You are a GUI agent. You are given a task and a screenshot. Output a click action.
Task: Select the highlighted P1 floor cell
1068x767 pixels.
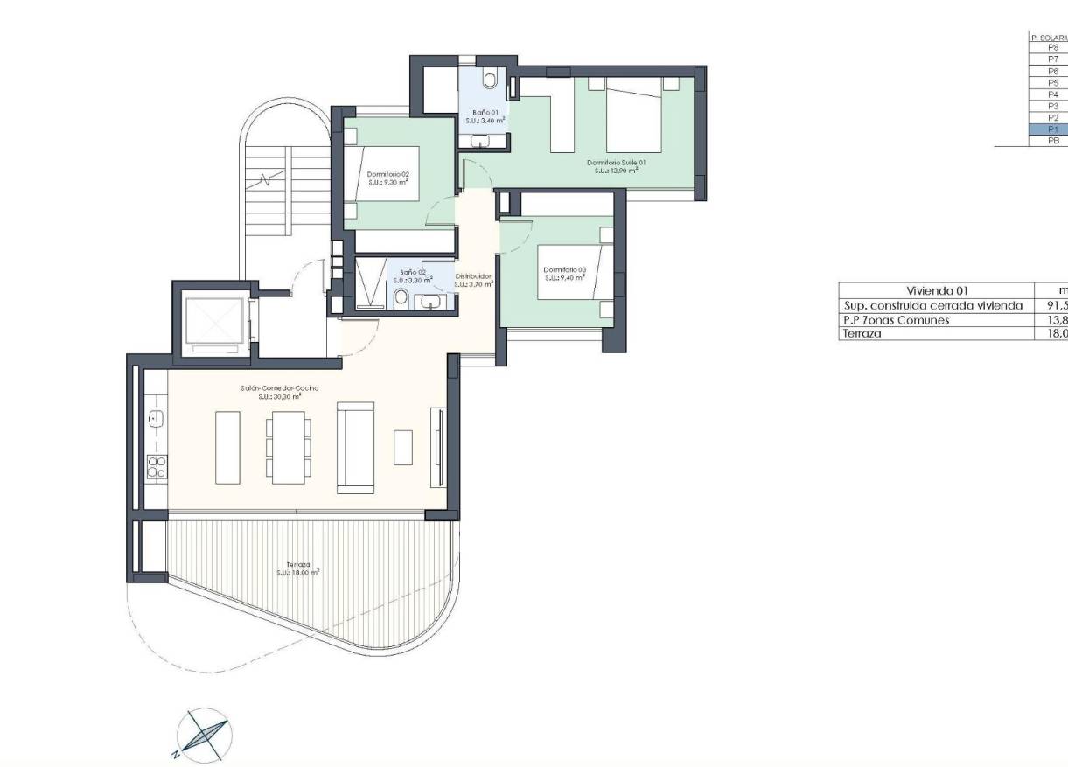pos(1053,129)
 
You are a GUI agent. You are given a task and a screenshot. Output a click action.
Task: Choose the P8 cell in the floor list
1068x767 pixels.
pos(1053,48)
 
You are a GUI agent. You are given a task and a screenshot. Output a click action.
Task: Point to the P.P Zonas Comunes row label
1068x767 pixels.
pos(896,320)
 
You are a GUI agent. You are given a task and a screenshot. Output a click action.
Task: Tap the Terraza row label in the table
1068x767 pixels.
pos(862,333)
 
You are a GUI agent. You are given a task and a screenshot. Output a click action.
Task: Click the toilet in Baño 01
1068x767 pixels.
pos(490,81)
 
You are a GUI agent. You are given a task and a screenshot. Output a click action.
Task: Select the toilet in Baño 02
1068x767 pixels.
pos(401,300)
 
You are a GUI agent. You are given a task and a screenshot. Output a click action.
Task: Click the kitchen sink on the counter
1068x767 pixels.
pos(157,418)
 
